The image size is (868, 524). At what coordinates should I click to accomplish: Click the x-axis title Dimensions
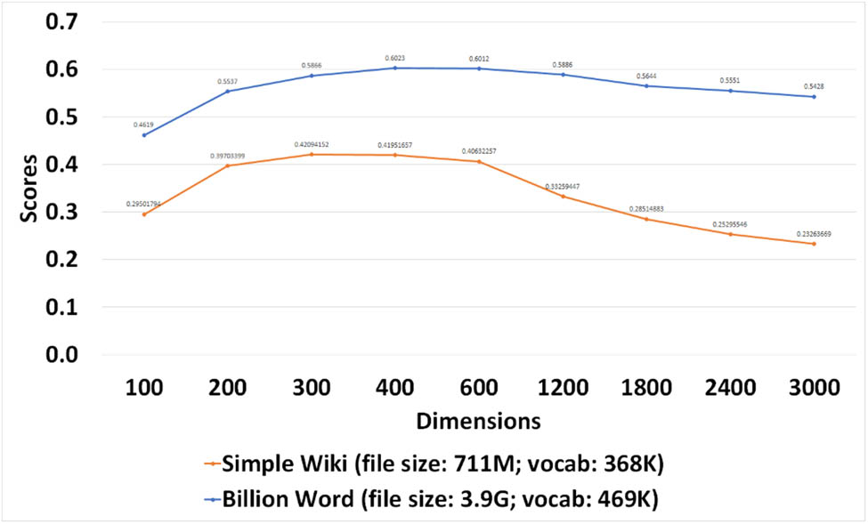point(479,419)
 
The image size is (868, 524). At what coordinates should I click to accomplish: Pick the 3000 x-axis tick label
point(814,388)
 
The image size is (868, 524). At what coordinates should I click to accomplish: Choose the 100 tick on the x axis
point(144,388)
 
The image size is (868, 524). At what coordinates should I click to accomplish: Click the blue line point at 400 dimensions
point(395,68)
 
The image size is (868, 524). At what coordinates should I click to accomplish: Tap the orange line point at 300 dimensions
point(312,154)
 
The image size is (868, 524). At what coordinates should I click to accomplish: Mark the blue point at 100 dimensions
point(144,134)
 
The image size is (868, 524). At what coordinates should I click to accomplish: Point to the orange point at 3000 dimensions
point(814,244)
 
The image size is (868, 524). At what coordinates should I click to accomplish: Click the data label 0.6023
point(395,58)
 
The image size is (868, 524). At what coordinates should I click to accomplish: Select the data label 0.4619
point(144,125)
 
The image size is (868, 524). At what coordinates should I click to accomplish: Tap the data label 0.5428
point(814,86)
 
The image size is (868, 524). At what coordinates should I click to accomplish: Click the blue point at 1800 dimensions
point(646,85)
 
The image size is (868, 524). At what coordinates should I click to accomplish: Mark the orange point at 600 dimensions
point(479,161)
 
